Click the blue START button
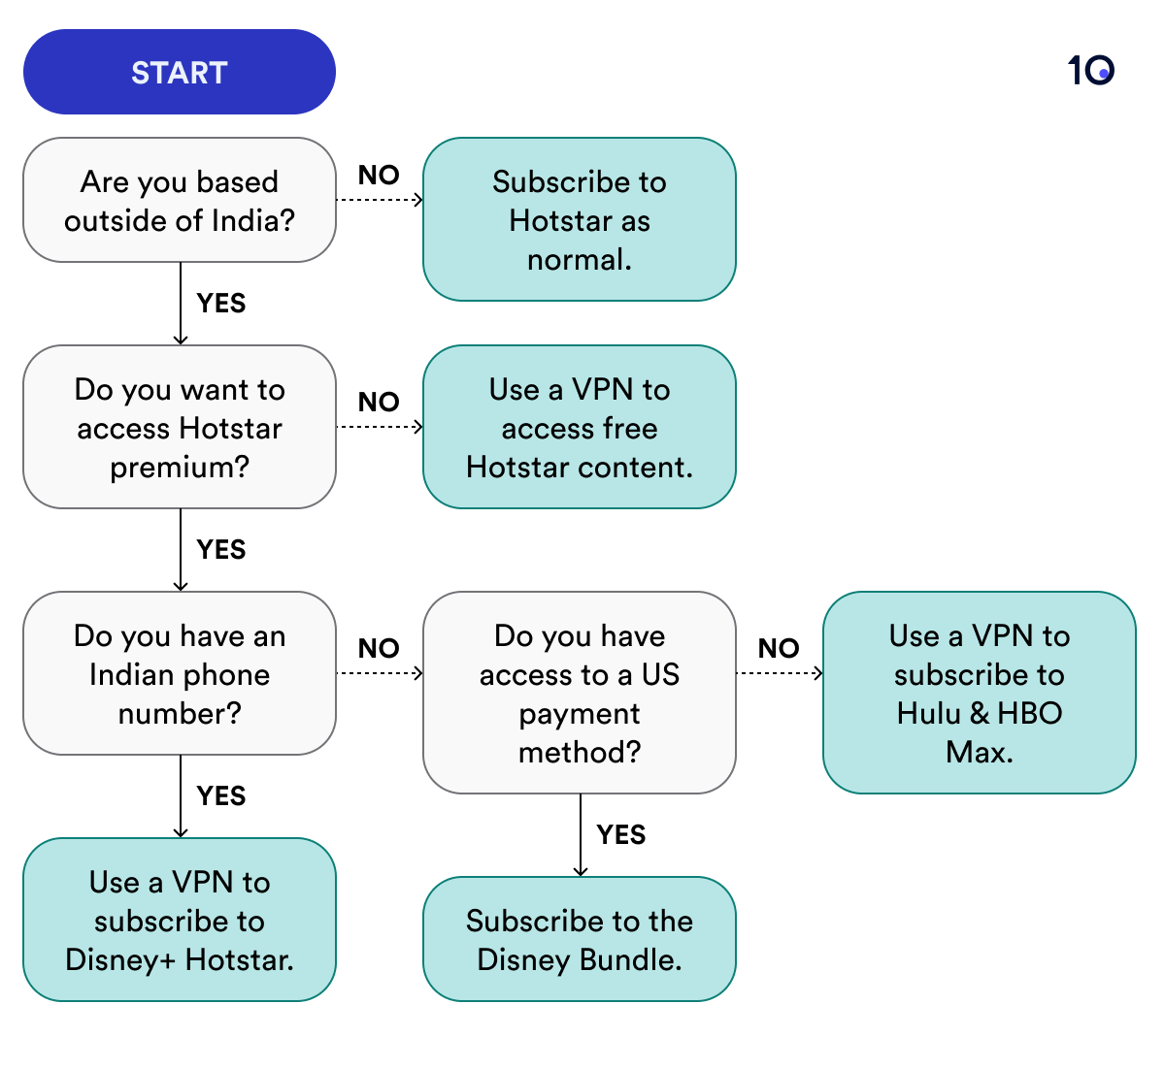pos(180,73)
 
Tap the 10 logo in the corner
pos(1090,71)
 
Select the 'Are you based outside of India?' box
pos(180,201)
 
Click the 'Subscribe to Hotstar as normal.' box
pos(580,220)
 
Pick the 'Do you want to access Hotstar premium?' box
pos(180,428)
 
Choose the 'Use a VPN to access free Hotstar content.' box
pos(580,428)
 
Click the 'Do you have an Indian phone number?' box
pos(180,674)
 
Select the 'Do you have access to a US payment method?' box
pos(580,694)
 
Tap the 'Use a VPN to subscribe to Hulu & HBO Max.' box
pos(980,694)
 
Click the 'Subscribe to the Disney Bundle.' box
pos(580,940)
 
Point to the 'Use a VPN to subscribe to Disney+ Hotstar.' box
pos(180,921)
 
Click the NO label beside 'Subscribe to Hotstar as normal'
pos(379,176)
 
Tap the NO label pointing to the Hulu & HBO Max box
pos(779,649)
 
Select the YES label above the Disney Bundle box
pos(621,835)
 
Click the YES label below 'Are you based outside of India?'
pos(221,304)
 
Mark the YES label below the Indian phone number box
pos(221,796)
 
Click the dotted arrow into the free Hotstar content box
pos(380,427)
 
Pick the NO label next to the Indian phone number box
pos(379,649)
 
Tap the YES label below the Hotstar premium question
pos(221,550)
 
